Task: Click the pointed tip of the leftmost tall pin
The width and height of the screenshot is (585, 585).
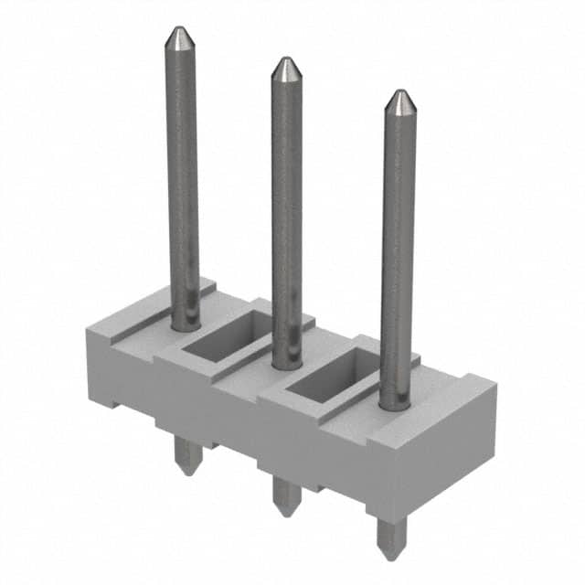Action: click(176, 35)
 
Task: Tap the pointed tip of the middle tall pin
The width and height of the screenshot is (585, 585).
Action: click(286, 66)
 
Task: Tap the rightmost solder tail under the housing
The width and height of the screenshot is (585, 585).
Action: click(390, 535)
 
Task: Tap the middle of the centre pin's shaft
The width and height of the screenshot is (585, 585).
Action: click(287, 215)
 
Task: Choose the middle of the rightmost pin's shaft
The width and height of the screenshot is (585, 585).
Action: click(399, 251)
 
